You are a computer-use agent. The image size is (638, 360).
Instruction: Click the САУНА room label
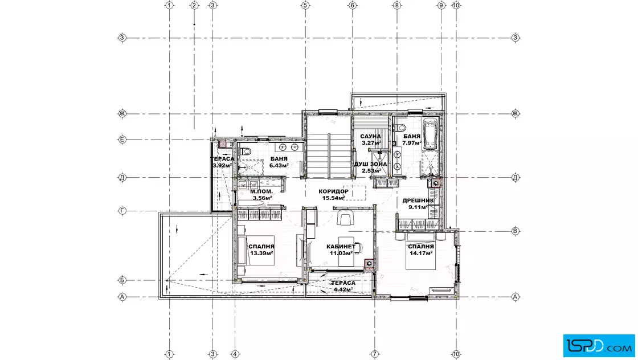(x=370, y=136)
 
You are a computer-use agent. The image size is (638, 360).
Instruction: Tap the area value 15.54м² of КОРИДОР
(x=334, y=198)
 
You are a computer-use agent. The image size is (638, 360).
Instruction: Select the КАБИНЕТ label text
(x=341, y=247)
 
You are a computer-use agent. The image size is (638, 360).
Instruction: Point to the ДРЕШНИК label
(x=418, y=201)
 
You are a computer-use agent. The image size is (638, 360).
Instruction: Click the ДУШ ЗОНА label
(x=371, y=165)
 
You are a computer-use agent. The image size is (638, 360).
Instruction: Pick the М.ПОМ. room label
(x=261, y=191)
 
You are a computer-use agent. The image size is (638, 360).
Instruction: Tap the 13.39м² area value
(x=261, y=253)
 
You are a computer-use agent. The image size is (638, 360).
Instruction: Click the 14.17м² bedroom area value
(x=421, y=253)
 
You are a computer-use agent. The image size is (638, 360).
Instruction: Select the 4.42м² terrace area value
(x=343, y=289)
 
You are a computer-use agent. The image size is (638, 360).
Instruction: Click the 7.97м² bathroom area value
(x=412, y=143)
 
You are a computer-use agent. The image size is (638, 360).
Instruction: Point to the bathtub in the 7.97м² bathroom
(x=431, y=134)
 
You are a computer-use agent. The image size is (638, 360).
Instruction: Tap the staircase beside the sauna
(x=328, y=155)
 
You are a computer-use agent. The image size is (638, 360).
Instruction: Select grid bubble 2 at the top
(x=194, y=5)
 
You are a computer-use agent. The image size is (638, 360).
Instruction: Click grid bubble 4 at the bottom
(x=234, y=354)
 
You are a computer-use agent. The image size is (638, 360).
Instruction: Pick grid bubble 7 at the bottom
(x=375, y=354)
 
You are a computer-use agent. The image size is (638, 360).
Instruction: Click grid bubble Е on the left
(x=122, y=140)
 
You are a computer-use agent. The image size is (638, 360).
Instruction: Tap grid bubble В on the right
(x=516, y=231)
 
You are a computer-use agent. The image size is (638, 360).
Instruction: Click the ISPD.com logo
(x=599, y=346)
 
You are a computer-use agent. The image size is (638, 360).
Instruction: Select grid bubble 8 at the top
(x=397, y=5)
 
